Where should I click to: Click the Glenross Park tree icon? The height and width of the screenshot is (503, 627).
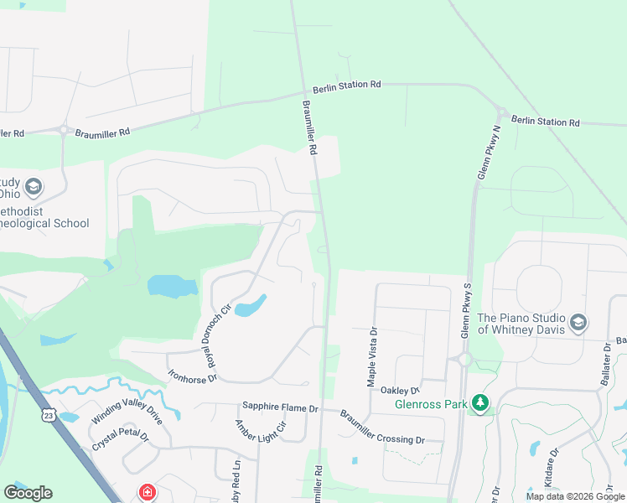[x=479, y=403]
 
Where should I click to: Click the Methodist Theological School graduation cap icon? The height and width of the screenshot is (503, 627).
[x=34, y=186]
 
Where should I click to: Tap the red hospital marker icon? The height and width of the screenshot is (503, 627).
[x=147, y=492]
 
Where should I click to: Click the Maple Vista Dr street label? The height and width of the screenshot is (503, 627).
[x=372, y=355]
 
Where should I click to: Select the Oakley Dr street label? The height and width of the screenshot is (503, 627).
[x=399, y=390]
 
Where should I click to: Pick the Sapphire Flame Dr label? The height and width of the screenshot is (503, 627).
[x=281, y=408]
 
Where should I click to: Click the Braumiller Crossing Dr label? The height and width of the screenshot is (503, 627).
[x=382, y=428]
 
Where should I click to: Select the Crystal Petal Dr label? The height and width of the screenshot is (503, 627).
[x=120, y=437]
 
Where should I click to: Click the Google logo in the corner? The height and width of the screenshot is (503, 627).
[x=28, y=492]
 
